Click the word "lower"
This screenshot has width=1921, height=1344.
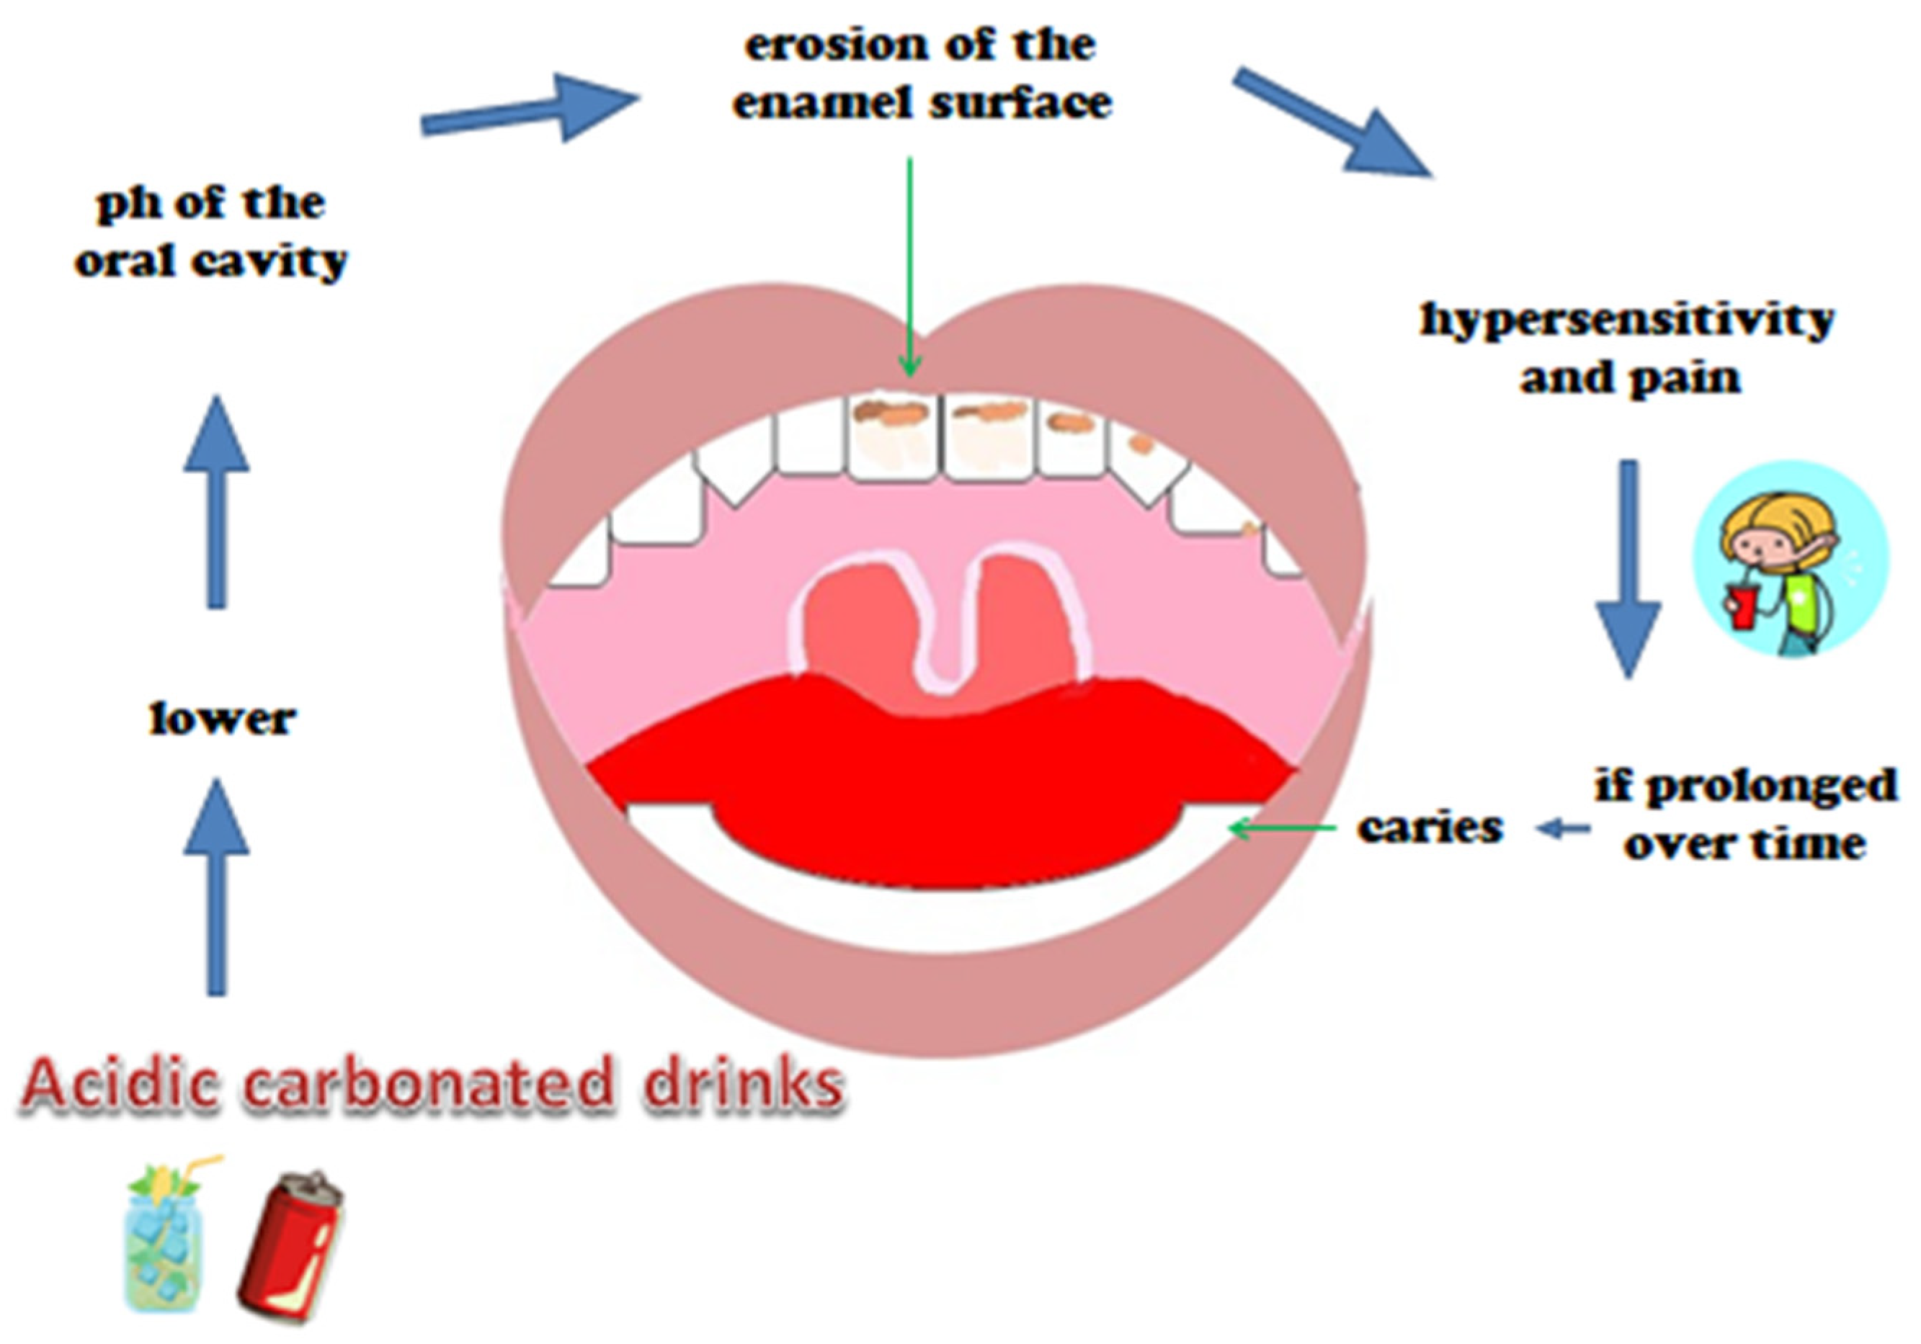click(x=222, y=720)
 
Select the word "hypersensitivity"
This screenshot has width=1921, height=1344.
click(x=1627, y=320)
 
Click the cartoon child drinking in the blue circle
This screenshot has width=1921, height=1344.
click(x=1791, y=561)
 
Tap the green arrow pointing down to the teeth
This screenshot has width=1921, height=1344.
click(x=909, y=268)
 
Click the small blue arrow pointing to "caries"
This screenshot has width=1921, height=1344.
click(x=1563, y=829)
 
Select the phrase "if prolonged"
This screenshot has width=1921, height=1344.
click(x=1745, y=786)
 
